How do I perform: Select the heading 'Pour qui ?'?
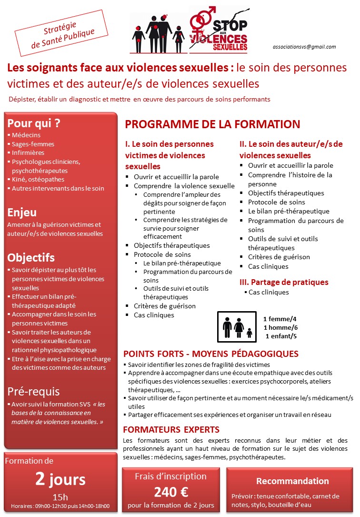[x=33, y=123]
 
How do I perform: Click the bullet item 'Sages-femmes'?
[x=33, y=144]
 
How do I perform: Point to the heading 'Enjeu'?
[x=22, y=213]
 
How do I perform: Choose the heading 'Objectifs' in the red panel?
[x=31, y=258]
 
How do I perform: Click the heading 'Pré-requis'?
[x=33, y=392]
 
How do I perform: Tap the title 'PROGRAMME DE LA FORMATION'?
[x=212, y=125]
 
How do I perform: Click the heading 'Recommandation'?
[x=292, y=481]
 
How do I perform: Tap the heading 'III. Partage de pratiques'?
[x=284, y=282]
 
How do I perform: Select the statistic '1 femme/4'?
[x=280, y=319]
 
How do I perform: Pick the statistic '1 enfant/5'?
[x=281, y=336]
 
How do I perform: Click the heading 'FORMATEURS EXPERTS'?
[x=171, y=429]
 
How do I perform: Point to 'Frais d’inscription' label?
[x=170, y=476]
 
